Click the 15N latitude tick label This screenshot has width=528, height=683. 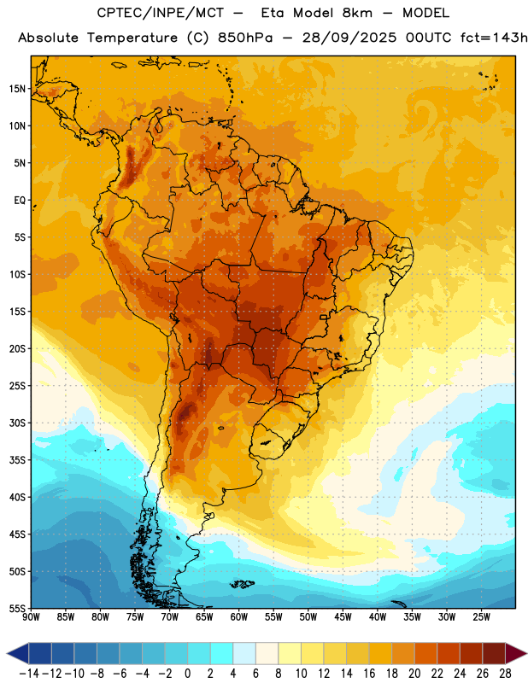17,89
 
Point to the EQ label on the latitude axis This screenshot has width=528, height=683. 20,201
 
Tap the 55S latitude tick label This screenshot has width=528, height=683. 17,609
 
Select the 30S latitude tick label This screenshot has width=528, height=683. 17,423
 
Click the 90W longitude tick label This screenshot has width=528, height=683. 31,617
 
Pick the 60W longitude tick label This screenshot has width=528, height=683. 239,617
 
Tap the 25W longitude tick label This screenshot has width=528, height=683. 481,617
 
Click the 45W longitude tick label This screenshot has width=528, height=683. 343,617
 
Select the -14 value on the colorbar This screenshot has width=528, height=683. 29,674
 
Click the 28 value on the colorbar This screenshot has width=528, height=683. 505,674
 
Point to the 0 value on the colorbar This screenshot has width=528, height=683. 187,674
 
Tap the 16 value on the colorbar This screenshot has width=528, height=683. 369,674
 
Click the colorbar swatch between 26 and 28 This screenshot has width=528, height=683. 494,653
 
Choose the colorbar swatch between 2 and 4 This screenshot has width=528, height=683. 222,653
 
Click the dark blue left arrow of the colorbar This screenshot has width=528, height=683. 17,653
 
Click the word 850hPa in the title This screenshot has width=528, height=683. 245,38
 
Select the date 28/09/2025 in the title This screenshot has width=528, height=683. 349,38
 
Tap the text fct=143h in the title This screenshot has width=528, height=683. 494,38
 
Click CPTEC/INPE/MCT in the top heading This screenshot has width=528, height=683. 160,13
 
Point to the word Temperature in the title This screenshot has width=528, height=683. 132,38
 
